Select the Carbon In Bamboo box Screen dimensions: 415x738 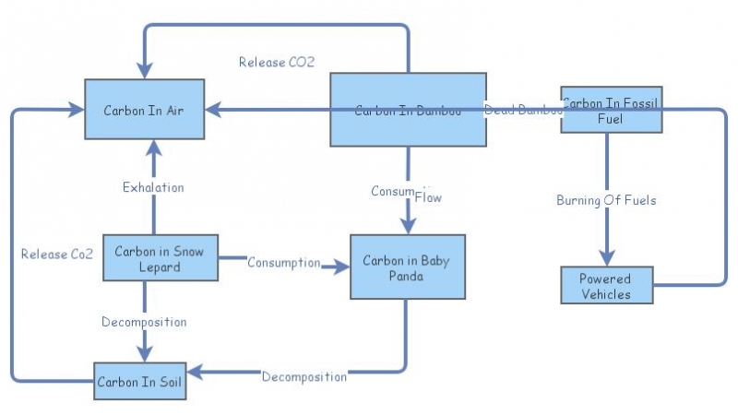409,110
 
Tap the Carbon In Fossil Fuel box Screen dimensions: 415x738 612,111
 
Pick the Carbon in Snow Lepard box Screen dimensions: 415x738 160,258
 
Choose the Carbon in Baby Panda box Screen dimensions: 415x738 408,267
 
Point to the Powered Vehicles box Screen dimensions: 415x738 606,286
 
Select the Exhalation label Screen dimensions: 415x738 153,188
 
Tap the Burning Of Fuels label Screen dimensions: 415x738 606,200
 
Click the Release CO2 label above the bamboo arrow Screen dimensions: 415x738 277,63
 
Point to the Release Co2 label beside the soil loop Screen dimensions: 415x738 57,254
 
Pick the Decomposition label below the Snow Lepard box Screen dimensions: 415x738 144,322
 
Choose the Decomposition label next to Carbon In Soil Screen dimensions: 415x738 304,377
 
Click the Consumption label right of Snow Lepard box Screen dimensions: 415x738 283,263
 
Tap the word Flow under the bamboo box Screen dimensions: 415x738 428,197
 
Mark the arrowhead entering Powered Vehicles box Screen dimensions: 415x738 606,259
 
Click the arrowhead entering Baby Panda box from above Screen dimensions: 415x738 408,227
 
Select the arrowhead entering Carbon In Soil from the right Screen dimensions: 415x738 195,373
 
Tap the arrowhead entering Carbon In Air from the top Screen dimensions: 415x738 144,71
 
